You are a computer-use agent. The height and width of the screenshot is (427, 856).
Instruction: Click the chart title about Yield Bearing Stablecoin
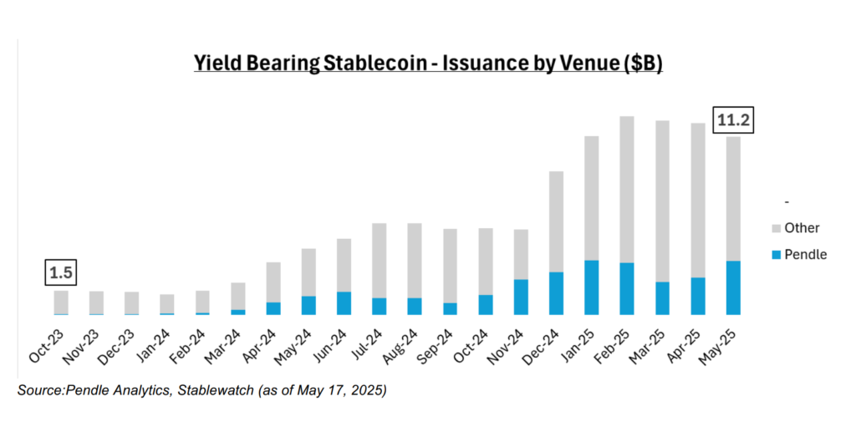pos(428,64)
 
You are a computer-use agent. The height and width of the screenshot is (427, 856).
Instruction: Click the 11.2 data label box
pos(732,120)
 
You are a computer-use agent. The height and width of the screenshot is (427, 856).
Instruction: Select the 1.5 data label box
pos(61,273)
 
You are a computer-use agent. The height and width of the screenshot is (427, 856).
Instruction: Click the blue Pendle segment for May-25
pos(732,287)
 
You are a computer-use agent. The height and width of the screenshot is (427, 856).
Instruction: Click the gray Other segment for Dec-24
pos(556,221)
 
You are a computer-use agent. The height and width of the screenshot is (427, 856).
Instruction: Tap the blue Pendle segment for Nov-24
pos(521,297)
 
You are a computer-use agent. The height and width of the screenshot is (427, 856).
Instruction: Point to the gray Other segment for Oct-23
pos(61,302)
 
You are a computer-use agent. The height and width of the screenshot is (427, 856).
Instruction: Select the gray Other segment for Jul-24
pos(380,260)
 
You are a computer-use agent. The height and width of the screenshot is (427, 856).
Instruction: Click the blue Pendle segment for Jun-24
pos(344,303)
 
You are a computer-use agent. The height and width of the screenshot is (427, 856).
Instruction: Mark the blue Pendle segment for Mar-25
pos(662,298)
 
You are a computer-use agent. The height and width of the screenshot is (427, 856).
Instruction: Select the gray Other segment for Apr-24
pos(273,282)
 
